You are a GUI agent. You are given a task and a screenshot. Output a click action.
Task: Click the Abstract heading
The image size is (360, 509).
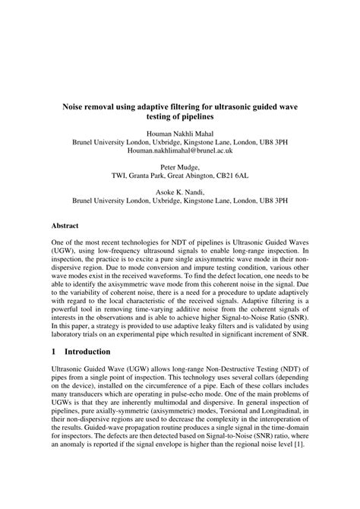[x=66, y=226]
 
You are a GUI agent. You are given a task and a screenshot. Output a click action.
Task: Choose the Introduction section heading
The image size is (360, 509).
[x=88, y=352]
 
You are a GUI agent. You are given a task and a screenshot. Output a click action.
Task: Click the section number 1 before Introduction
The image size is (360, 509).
[x=54, y=352]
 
